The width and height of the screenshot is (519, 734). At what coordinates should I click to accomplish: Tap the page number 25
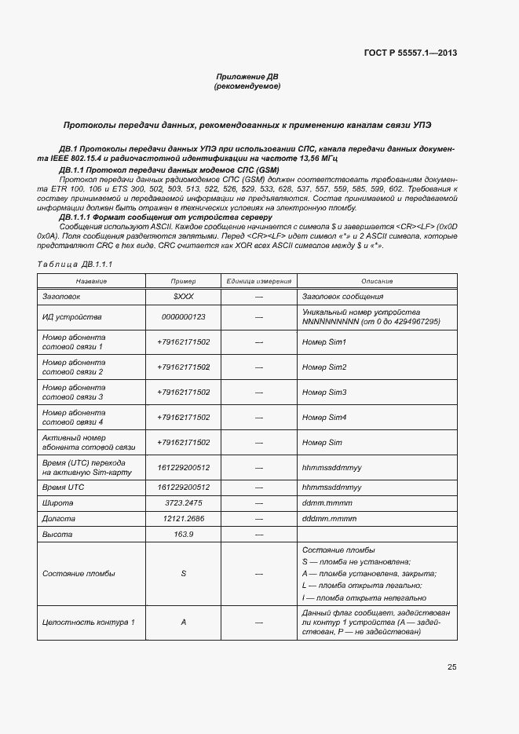(451, 667)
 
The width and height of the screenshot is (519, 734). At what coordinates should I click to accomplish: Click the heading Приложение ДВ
(247, 76)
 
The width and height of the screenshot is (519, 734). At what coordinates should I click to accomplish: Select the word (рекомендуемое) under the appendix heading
(247, 86)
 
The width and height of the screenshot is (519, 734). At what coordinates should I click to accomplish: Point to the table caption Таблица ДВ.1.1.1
(75, 265)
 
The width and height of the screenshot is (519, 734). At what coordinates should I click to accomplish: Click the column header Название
(91, 281)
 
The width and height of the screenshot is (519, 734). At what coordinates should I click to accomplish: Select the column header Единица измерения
(259, 281)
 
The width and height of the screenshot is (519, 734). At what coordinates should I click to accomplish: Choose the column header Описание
(377, 281)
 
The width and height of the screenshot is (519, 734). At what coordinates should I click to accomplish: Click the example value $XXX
(183, 297)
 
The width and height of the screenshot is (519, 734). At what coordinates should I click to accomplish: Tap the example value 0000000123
(183, 316)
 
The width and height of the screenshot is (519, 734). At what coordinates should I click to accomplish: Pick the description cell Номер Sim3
(323, 392)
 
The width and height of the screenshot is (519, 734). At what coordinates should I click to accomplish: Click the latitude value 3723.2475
(183, 503)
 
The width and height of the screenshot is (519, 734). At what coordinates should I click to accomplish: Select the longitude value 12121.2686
(183, 519)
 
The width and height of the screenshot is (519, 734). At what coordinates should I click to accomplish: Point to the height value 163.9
(183, 535)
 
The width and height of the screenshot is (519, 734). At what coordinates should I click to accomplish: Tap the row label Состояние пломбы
(79, 574)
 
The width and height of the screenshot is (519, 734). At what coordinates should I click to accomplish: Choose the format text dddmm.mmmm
(329, 519)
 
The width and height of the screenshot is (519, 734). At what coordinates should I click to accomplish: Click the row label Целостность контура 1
(88, 623)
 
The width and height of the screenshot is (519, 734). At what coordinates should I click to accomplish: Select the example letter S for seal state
(183, 574)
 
